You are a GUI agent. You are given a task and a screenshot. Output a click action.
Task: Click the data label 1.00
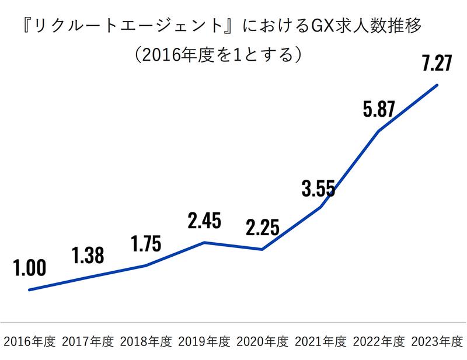pos(29,268)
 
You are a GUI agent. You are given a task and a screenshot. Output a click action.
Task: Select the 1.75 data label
pos(146,244)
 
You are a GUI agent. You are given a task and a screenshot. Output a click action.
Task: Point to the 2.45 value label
pos(204,221)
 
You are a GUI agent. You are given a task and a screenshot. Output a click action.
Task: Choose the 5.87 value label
pos(379,109)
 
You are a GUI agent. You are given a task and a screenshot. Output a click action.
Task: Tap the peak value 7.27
pos(437,63)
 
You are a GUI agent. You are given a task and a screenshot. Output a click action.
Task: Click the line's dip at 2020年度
pos(263,250)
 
